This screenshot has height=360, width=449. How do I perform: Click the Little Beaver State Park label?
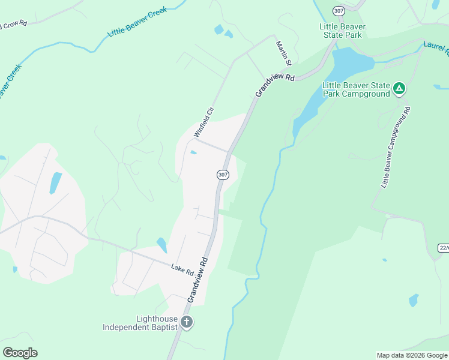pos(343,31)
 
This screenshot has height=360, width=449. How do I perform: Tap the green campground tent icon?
pos(399,89)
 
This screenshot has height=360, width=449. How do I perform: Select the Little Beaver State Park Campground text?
pos(356,89)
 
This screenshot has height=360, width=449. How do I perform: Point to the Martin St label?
pos(283,53)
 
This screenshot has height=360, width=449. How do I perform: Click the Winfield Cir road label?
pos(203,122)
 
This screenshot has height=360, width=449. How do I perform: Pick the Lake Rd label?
pos(182,270)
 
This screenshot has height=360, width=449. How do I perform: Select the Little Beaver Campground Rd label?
pos(395,148)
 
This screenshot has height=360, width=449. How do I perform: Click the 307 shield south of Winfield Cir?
pos(223,175)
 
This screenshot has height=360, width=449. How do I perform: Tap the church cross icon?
pos(187,322)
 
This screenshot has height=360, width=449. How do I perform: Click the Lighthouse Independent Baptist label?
pos(141,323)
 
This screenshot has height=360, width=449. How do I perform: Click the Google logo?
pos(20,353)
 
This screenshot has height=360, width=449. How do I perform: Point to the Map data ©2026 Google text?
pos(411,355)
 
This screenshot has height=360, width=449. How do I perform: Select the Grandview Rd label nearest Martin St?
pos(276,85)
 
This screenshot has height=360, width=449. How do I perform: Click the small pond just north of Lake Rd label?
pos(161,245)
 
